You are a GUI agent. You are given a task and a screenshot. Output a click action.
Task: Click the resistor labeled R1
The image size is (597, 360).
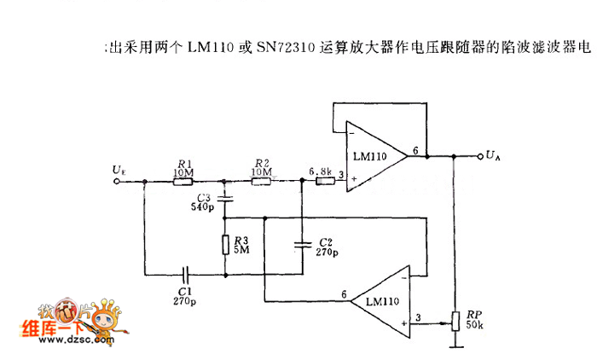click(183, 180)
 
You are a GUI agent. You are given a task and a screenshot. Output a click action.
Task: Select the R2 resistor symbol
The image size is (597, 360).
click(261, 180)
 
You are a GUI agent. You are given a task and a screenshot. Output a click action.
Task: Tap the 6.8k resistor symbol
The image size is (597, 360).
click(323, 180)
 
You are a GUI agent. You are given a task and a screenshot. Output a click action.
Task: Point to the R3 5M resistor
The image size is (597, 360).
click(225, 245)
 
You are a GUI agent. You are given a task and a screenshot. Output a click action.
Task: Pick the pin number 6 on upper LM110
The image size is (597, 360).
click(415, 150)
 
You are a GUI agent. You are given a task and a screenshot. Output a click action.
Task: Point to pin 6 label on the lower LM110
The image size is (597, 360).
click(345, 295)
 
